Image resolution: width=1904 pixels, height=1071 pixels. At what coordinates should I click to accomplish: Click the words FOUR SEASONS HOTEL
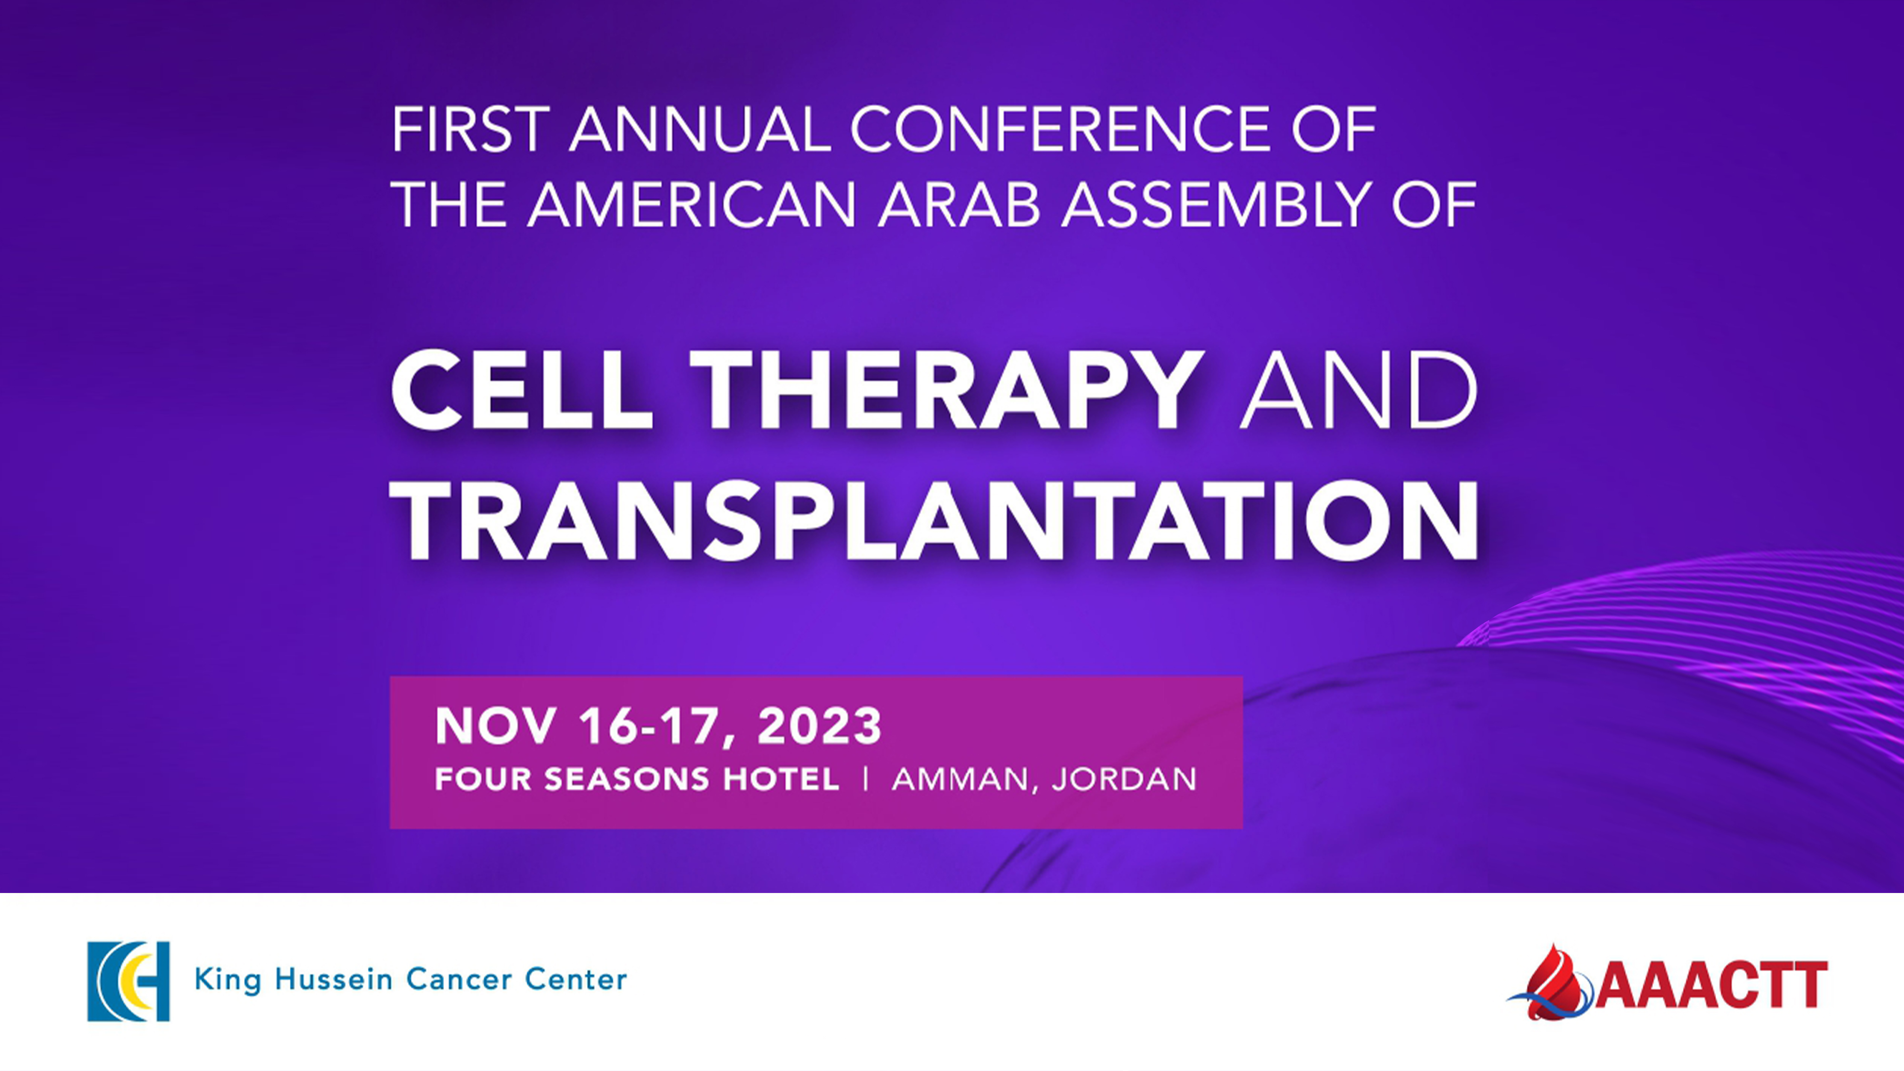(636, 779)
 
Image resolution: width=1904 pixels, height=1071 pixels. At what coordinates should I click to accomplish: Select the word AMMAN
(960, 780)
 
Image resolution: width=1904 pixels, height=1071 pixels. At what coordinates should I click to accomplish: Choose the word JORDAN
(1123, 779)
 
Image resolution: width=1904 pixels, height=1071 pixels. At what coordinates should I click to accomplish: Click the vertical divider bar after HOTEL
(865, 779)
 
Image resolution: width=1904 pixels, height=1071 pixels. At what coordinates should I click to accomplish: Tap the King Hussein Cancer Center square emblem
(129, 981)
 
